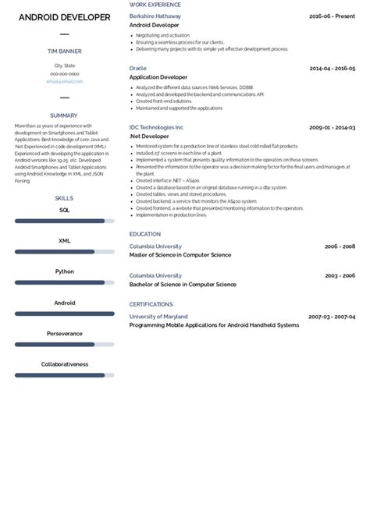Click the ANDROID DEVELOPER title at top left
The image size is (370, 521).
click(64, 16)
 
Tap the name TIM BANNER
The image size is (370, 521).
click(64, 51)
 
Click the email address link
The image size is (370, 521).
click(64, 81)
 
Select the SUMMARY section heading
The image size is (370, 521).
click(64, 115)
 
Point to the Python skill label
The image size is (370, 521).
click(65, 271)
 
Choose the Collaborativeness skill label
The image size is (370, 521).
click(64, 363)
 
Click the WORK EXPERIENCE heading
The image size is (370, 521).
click(155, 5)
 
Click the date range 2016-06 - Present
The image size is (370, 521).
click(332, 16)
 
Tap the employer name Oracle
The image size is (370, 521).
click(137, 68)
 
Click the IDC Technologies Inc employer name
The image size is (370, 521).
click(156, 126)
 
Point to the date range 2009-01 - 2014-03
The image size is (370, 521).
click(332, 126)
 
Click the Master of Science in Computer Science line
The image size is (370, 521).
click(180, 255)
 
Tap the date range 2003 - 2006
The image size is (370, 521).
click(340, 275)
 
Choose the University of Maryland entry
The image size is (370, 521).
click(158, 316)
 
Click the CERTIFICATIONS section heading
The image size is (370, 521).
click(151, 304)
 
